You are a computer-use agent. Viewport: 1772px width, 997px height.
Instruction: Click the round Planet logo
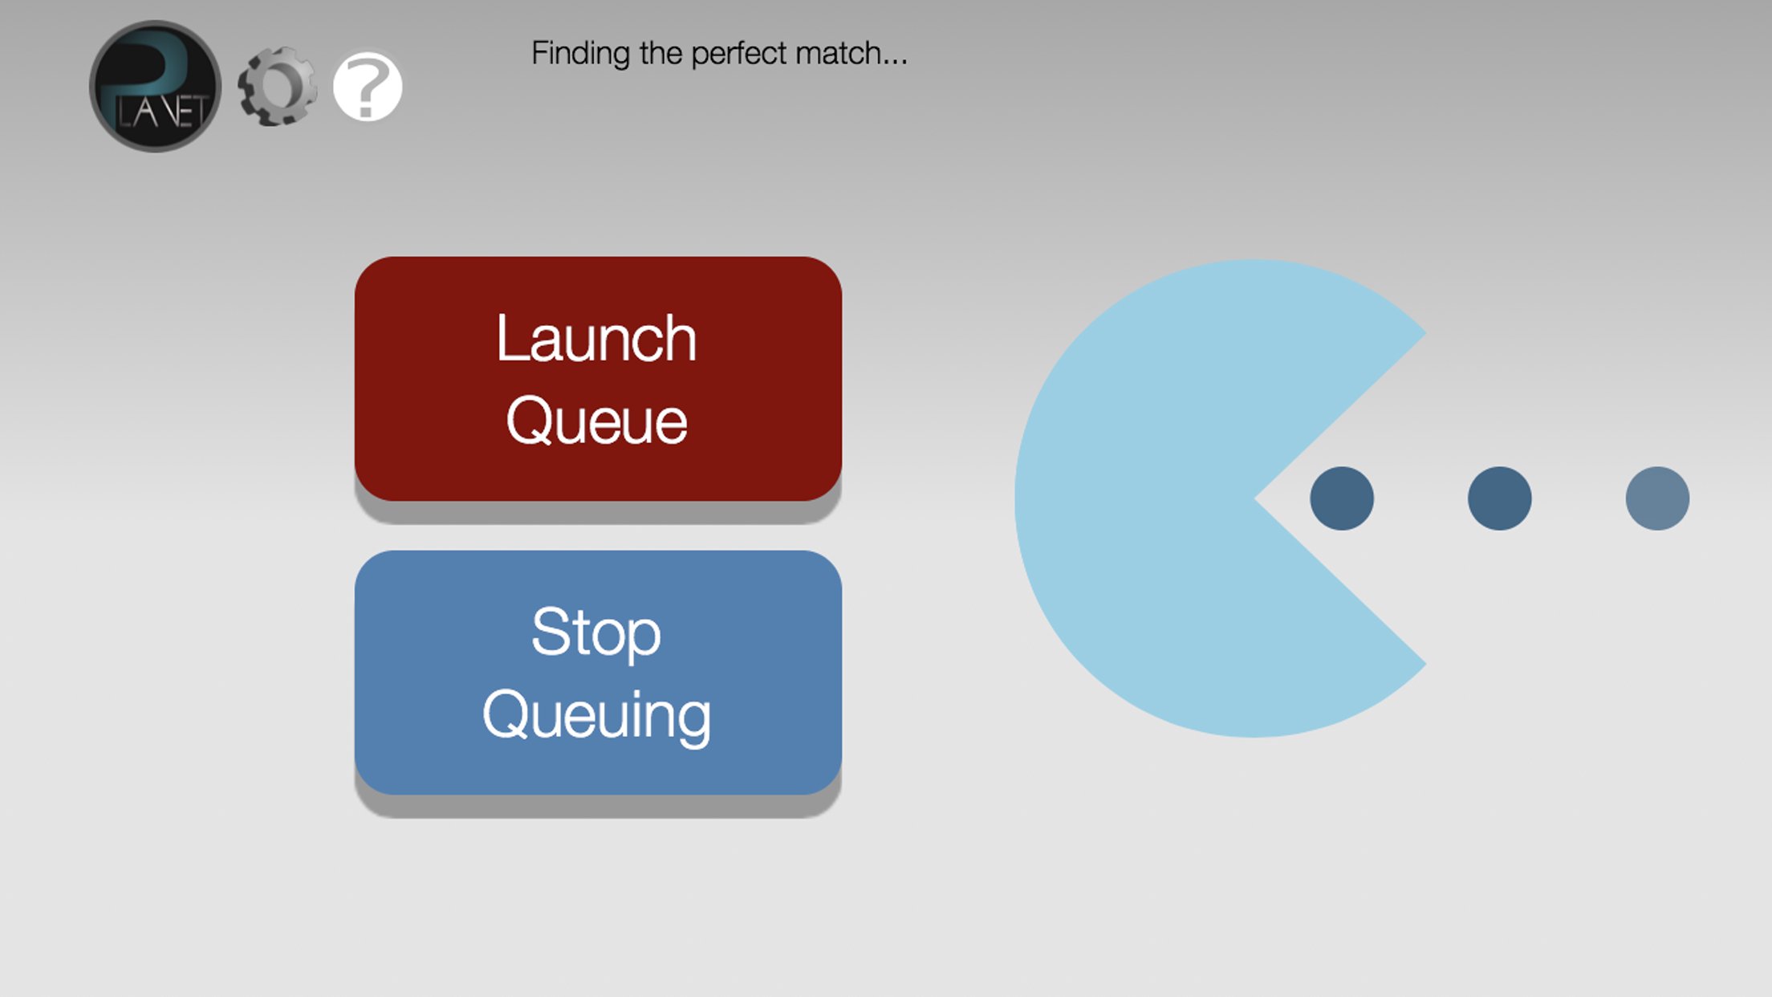(x=155, y=86)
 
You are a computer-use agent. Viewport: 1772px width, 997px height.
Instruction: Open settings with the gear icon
(x=277, y=86)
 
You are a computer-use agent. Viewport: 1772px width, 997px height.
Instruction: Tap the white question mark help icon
(x=368, y=86)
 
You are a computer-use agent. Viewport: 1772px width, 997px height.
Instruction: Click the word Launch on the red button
(x=596, y=338)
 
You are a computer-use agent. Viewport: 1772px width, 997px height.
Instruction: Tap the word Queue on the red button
(x=596, y=420)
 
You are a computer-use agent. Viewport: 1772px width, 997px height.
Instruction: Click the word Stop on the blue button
(x=596, y=633)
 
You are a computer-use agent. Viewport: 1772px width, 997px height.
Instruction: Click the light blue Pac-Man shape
(x=1164, y=498)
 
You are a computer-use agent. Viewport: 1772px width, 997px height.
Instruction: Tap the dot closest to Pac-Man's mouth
(x=1342, y=498)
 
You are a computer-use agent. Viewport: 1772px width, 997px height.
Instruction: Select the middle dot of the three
(x=1499, y=498)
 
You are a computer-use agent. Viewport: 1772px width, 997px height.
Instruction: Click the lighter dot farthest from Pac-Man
(x=1657, y=498)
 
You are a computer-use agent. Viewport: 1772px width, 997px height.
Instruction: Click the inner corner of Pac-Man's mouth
(x=1256, y=498)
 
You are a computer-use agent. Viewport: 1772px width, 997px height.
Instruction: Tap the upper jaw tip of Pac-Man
(x=1425, y=332)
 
